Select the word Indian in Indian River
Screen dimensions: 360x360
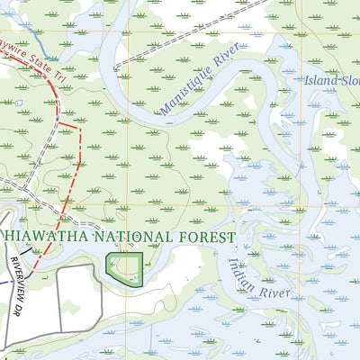237,270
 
